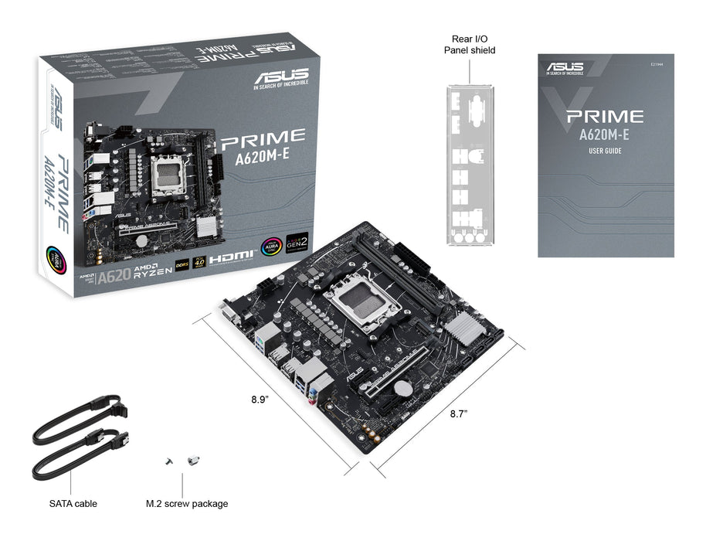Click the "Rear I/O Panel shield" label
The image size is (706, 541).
(x=470, y=44)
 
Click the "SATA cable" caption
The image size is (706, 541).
(x=73, y=504)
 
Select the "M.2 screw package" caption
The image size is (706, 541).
(x=187, y=504)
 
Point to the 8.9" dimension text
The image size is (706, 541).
(x=260, y=400)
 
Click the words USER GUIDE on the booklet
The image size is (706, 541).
(x=605, y=151)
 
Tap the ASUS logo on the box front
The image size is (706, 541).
(x=277, y=79)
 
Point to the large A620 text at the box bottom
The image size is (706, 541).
(x=114, y=277)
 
